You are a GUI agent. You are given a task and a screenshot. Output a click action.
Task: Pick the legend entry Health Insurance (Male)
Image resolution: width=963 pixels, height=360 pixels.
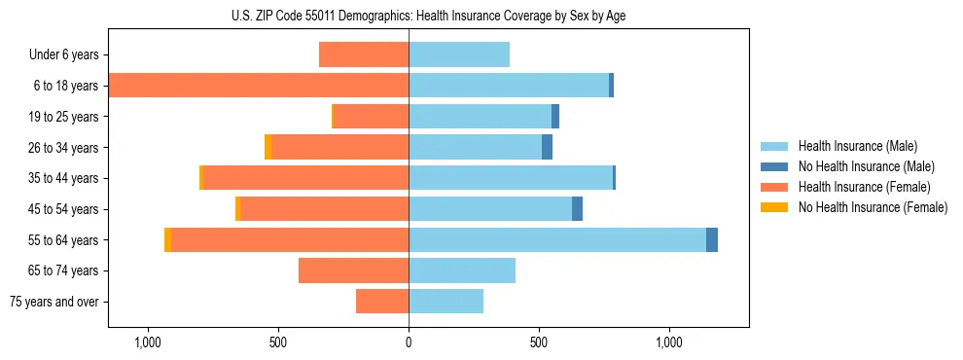(x=857, y=146)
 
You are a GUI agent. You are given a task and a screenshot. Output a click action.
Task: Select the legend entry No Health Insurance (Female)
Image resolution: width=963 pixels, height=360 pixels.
(x=873, y=207)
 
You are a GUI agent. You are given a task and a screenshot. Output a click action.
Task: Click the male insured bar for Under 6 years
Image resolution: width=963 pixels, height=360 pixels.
(x=459, y=55)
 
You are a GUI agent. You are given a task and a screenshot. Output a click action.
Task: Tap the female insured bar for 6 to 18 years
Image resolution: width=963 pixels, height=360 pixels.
(x=259, y=86)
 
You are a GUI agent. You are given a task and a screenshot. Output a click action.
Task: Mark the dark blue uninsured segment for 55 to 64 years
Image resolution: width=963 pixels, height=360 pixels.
(x=712, y=239)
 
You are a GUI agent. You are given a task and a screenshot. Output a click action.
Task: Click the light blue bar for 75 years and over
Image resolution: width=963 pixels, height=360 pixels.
(x=446, y=302)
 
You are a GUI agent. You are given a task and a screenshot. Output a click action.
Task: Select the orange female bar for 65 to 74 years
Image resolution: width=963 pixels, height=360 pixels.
(x=353, y=270)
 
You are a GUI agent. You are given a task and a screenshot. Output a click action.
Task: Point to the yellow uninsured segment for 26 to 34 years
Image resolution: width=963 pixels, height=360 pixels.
(x=267, y=147)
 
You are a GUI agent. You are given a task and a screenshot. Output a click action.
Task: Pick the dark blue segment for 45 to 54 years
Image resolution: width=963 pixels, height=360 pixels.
(x=577, y=208)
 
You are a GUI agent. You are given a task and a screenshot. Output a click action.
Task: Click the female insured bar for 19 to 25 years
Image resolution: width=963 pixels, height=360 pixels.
(x=371, y=117)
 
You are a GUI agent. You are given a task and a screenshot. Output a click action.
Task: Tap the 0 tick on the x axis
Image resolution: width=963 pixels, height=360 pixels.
(x=409, y=343)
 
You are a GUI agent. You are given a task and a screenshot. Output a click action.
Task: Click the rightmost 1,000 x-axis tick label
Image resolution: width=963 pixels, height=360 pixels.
(x=669, y=343)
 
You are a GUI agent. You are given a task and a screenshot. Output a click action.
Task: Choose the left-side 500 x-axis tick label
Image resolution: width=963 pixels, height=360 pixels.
(x=277, y=343)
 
